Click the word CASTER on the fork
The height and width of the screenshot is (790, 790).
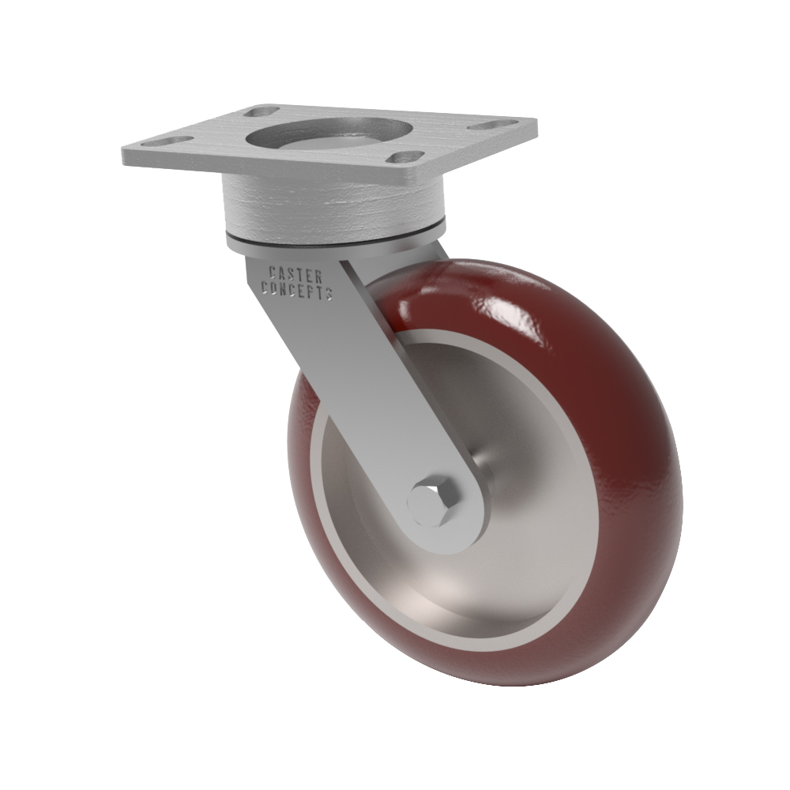click(295, 276)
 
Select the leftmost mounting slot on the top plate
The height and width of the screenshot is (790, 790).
click(167, 141)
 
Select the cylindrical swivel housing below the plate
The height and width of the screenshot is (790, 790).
click(333, 206)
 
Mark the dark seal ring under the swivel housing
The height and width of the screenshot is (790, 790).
click(334, 239)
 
